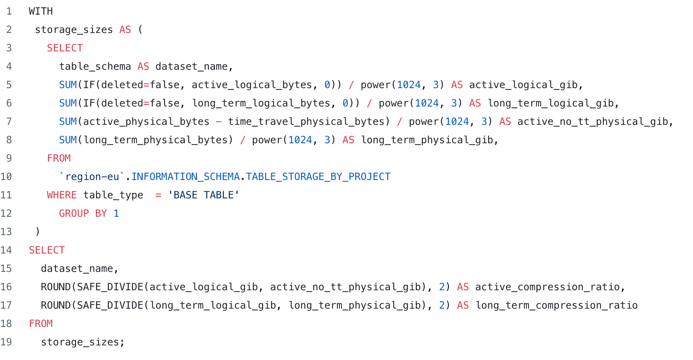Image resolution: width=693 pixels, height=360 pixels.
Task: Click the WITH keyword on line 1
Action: pyautogui.click(x=40, y=11)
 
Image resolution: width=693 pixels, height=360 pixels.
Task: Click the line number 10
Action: pyautogui.click(x=6, y=177)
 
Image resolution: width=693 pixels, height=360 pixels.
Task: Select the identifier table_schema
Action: pyautogui.click(x=95, y=66)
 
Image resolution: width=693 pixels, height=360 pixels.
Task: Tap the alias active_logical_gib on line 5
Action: pyautogui.click(x=523, y=85)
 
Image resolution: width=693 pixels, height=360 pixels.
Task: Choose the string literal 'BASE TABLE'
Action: pyautogui.click(x=203, y=195)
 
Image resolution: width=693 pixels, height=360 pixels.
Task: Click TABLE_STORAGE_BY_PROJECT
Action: pyautogui.click(x=318, y=177)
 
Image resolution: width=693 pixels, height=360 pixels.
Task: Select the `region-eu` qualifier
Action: pyautogui.click(x=92, y=177)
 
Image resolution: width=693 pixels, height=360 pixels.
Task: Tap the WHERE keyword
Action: pyautogui.click(x=61, y=195)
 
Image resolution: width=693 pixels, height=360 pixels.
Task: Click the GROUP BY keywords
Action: pyautogui.click(x=83, y=213)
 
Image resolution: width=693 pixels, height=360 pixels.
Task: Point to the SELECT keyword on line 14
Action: pyautogui.click(x=47, y=250)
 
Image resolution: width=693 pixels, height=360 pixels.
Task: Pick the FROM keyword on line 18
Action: pyautogui.click(x=40, y=324)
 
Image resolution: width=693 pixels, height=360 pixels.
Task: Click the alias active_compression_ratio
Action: pyautogui.click(x=547, y=287)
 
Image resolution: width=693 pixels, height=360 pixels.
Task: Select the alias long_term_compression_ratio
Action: pyautogui.click(x=556, y=305)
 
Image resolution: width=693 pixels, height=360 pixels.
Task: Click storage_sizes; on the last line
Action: pyautogui.click(x=82, y=342)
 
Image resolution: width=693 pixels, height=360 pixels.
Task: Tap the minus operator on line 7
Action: pyautogui.click(x=219, y=122)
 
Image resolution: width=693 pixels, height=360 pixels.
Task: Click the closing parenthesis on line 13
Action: pyautogui.click(x=38, y=232)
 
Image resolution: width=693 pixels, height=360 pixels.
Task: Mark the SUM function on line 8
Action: pyautogui.click(x=68, y=140)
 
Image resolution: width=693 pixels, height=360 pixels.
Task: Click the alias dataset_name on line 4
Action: pyautogui.click(x=191, y=66)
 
